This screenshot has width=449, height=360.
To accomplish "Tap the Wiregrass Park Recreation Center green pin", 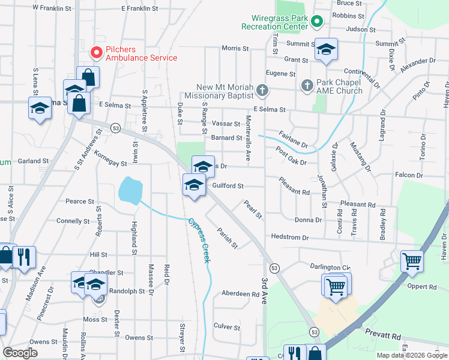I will tap(317, 22).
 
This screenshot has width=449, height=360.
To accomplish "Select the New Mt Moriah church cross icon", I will tap(261, 91).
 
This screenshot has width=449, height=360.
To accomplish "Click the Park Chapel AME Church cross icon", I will tap(306, 84).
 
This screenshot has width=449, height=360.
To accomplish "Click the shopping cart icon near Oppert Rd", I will tap(412, 260).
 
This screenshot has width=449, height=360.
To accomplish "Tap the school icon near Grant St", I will tap(327, 49).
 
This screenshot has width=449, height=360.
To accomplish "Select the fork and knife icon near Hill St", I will tap(24, 256).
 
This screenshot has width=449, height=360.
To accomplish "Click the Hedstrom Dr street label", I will tap(289, 238).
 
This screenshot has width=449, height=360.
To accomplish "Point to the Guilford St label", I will tap(228, 186).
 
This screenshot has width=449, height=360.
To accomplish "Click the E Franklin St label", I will tap(139, 9).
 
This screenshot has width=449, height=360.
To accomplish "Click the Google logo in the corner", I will tap(20, 353).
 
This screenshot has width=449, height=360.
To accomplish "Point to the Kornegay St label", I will tap(110, 163).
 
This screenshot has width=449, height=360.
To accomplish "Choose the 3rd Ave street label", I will tap(264, 291).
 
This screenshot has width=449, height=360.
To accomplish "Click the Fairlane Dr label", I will tap(294, 139).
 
